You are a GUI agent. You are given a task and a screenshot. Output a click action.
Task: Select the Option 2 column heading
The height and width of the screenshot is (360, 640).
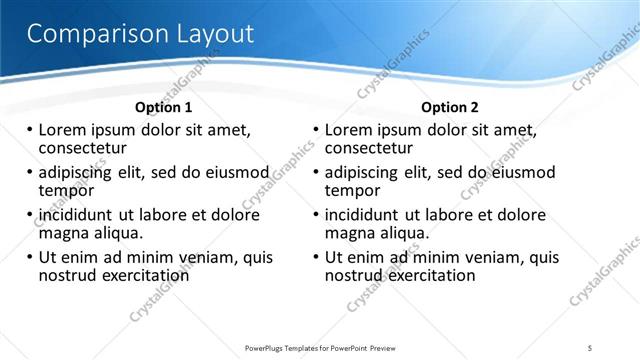pos(450,107)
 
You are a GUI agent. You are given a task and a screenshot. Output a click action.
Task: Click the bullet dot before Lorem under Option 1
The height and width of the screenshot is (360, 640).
pos(29,130)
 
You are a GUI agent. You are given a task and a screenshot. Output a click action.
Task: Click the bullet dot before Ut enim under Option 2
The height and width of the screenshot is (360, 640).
pos(316,257)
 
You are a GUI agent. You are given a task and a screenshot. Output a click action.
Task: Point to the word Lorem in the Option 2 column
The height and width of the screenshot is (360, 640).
pos(348,130)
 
